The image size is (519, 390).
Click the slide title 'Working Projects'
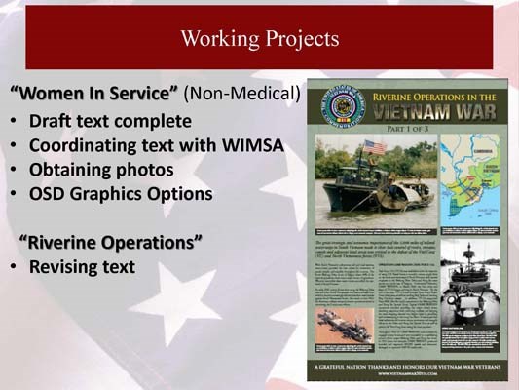click(259, 39)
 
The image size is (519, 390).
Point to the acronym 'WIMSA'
click(247, 146)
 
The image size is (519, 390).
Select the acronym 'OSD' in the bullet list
click(48, 193)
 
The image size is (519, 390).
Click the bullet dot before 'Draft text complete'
click(14, 124)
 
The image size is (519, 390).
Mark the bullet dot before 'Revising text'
click(14, 266)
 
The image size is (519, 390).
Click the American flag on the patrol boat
click(373, 147)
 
